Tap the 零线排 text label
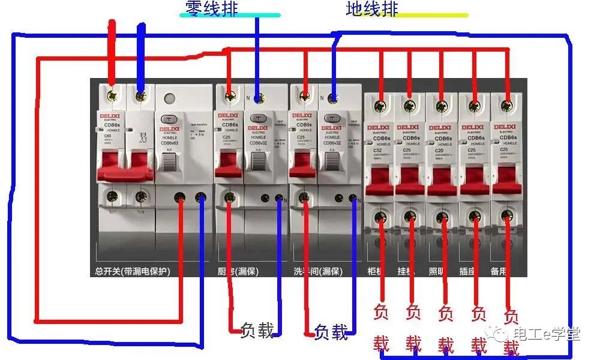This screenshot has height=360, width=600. [x=212, y=8]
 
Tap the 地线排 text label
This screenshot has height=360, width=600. [x=372, y=9]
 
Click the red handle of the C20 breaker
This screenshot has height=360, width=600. [x=442, y=180]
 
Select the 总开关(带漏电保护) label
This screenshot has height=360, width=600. [x=133, y=271]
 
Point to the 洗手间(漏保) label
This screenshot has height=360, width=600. [x=317, y=271]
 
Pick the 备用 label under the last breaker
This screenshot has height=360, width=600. [x=499, y=271]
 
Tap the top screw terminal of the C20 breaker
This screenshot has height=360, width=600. [x=442, y=107]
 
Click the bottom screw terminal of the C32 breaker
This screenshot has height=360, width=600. [x=379, y=216]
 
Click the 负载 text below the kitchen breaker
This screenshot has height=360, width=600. [x=257, y=330]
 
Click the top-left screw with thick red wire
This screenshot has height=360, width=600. [x=111, y=94]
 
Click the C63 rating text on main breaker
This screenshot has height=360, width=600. [x=108, y=136]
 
